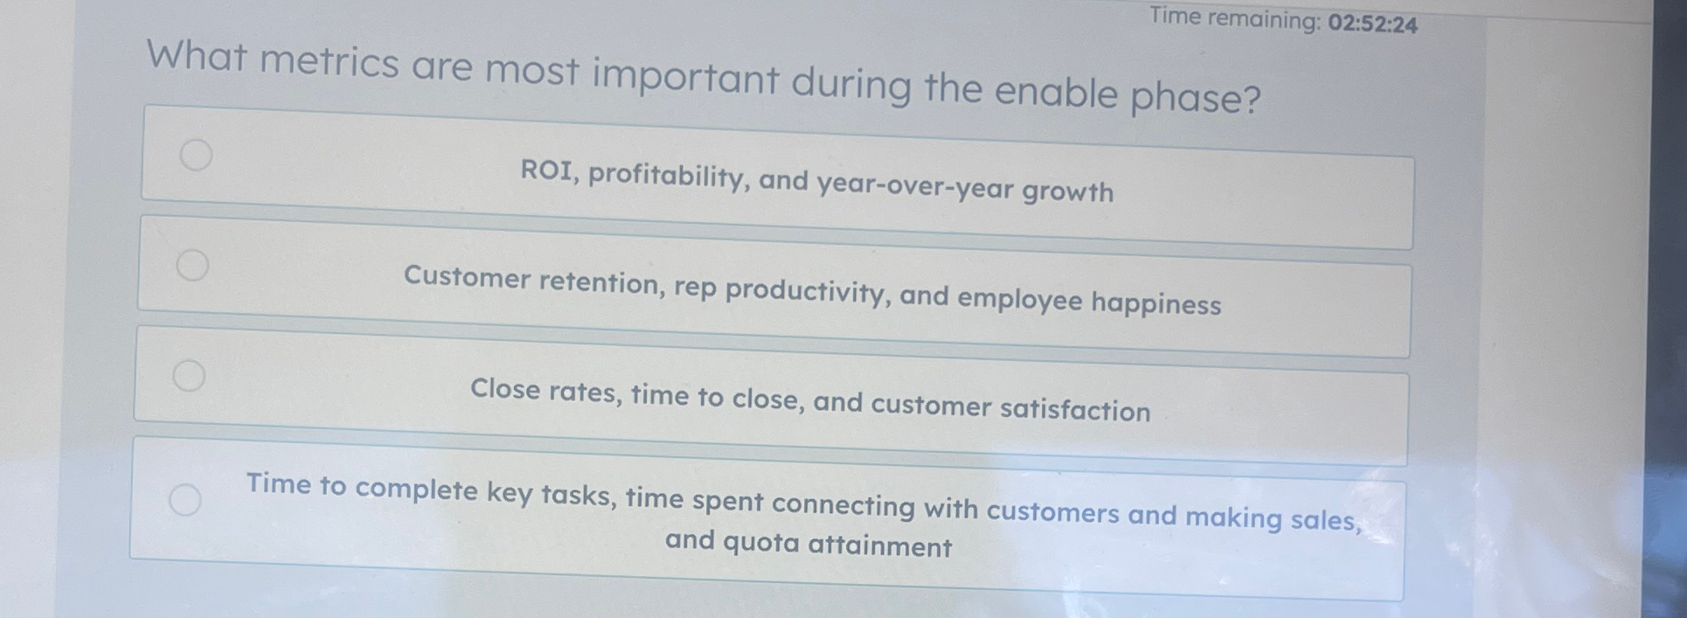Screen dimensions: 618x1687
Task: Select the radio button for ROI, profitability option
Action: point(196,155)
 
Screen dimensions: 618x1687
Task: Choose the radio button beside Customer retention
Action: point(192,264)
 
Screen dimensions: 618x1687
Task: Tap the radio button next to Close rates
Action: point(189,375)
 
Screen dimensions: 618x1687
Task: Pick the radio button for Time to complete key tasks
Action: point(184,500)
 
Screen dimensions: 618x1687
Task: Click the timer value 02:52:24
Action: point(1372,24)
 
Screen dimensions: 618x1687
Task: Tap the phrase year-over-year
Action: point(914,187)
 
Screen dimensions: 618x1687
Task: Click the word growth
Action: point(1068,191)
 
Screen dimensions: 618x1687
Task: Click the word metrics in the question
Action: point(329,63)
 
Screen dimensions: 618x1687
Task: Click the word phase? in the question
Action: point(1196,99)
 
